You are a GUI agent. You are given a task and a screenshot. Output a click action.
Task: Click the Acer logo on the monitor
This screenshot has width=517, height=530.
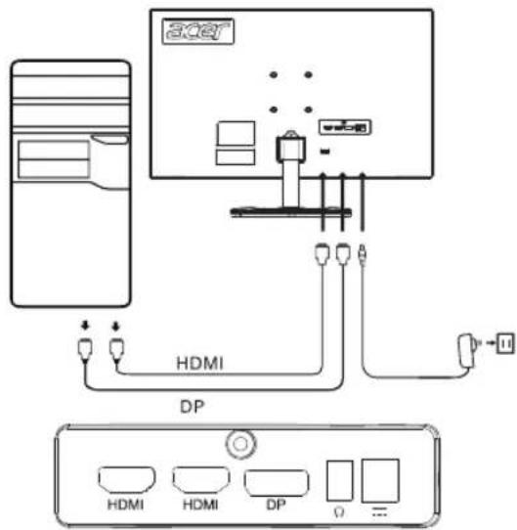(x=198, y=31)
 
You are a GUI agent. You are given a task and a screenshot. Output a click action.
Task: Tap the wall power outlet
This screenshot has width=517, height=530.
(x=505, y=343)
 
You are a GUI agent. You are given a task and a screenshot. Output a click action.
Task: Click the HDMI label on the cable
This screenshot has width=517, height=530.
(x=200, y=364)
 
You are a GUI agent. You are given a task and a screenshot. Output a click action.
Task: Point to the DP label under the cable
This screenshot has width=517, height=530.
(x=192, y=407)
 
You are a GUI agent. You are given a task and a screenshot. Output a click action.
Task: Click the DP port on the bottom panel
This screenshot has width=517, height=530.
(x=276, y=483)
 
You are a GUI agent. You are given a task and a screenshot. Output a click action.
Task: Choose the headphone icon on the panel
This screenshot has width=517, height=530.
(x=339, y=511)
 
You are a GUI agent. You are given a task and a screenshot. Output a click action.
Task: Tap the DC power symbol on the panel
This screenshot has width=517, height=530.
(x=379, y=511)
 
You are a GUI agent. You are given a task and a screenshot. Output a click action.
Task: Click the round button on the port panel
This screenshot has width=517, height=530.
(x=240, y=444)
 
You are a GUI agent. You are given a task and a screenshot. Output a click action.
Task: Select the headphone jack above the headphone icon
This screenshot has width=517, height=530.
(x=340, y=480)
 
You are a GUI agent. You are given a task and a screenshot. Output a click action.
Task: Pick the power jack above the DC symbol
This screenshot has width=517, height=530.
(x=380, y=481)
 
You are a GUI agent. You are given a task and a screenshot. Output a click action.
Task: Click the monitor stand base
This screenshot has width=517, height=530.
(x=290, y=212)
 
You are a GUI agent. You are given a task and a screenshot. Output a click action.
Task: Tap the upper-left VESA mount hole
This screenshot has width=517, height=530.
(x=274, y=74)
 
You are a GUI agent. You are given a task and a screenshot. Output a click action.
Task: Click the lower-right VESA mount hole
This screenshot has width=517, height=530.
(x=308, y=110)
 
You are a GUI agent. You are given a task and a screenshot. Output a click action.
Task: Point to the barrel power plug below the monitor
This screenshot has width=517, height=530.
(x=363, y=255)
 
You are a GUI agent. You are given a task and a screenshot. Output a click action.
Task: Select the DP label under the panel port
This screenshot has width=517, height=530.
(x=276, y=505)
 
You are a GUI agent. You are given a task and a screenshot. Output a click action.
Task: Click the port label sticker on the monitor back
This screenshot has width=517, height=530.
(x=345, y=127)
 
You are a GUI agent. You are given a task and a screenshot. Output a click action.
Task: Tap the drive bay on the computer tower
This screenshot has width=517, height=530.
(x=54, y=159)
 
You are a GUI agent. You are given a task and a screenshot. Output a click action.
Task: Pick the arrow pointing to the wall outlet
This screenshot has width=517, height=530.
(x=491, y=343)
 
